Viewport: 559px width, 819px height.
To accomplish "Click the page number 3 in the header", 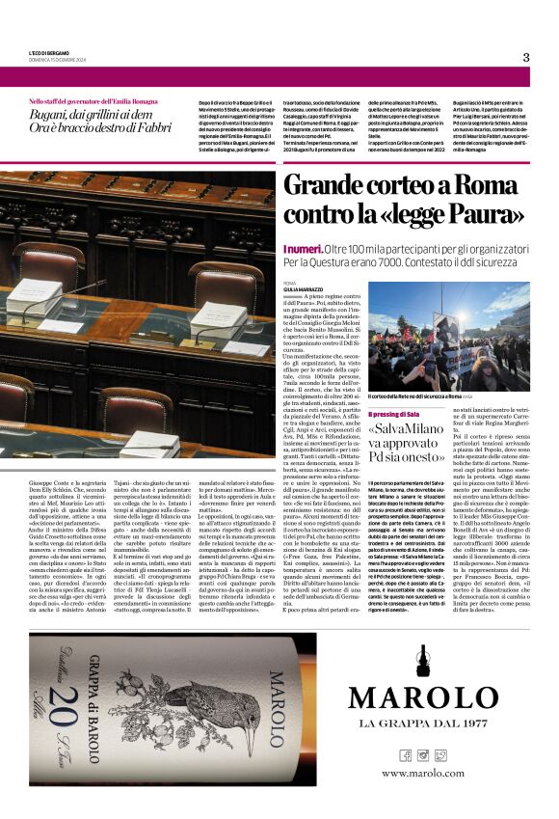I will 526,57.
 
